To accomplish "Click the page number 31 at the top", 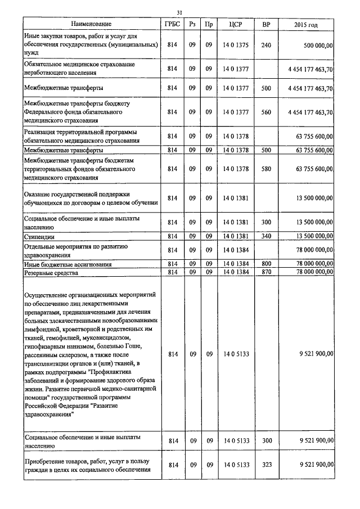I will [x=179, y=12].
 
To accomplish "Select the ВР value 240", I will [x=266, y=45].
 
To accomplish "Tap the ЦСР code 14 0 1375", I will [x=235, y=45].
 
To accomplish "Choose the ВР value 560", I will [x=266, y=112].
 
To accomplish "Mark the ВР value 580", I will [x=266, y=169].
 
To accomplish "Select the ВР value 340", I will [x=266, y=237].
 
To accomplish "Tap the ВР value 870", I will [x=266, y=272].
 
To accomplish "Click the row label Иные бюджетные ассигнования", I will [x=67, y=264].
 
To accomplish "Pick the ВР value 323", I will [x=266, y=465].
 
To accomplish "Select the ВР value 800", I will [x=266, y=263].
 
